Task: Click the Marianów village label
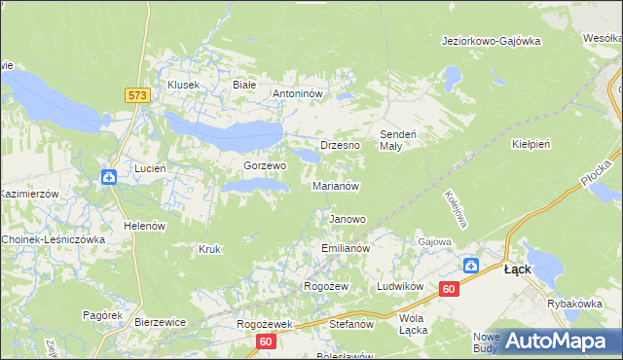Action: [x=337, y=186]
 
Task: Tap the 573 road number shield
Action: [x=137, y=94]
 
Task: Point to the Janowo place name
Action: [x=348, y=219]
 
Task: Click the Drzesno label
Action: [x=340, y=144]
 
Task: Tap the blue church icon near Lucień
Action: [x=109, y=176]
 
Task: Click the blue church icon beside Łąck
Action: [x=471, y=265]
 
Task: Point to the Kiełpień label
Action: [x=531, y=143]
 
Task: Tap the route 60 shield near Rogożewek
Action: [x=267, y=342]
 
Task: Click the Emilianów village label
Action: [x=346, y=249]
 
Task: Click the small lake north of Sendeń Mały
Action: [x=451, y=75]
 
